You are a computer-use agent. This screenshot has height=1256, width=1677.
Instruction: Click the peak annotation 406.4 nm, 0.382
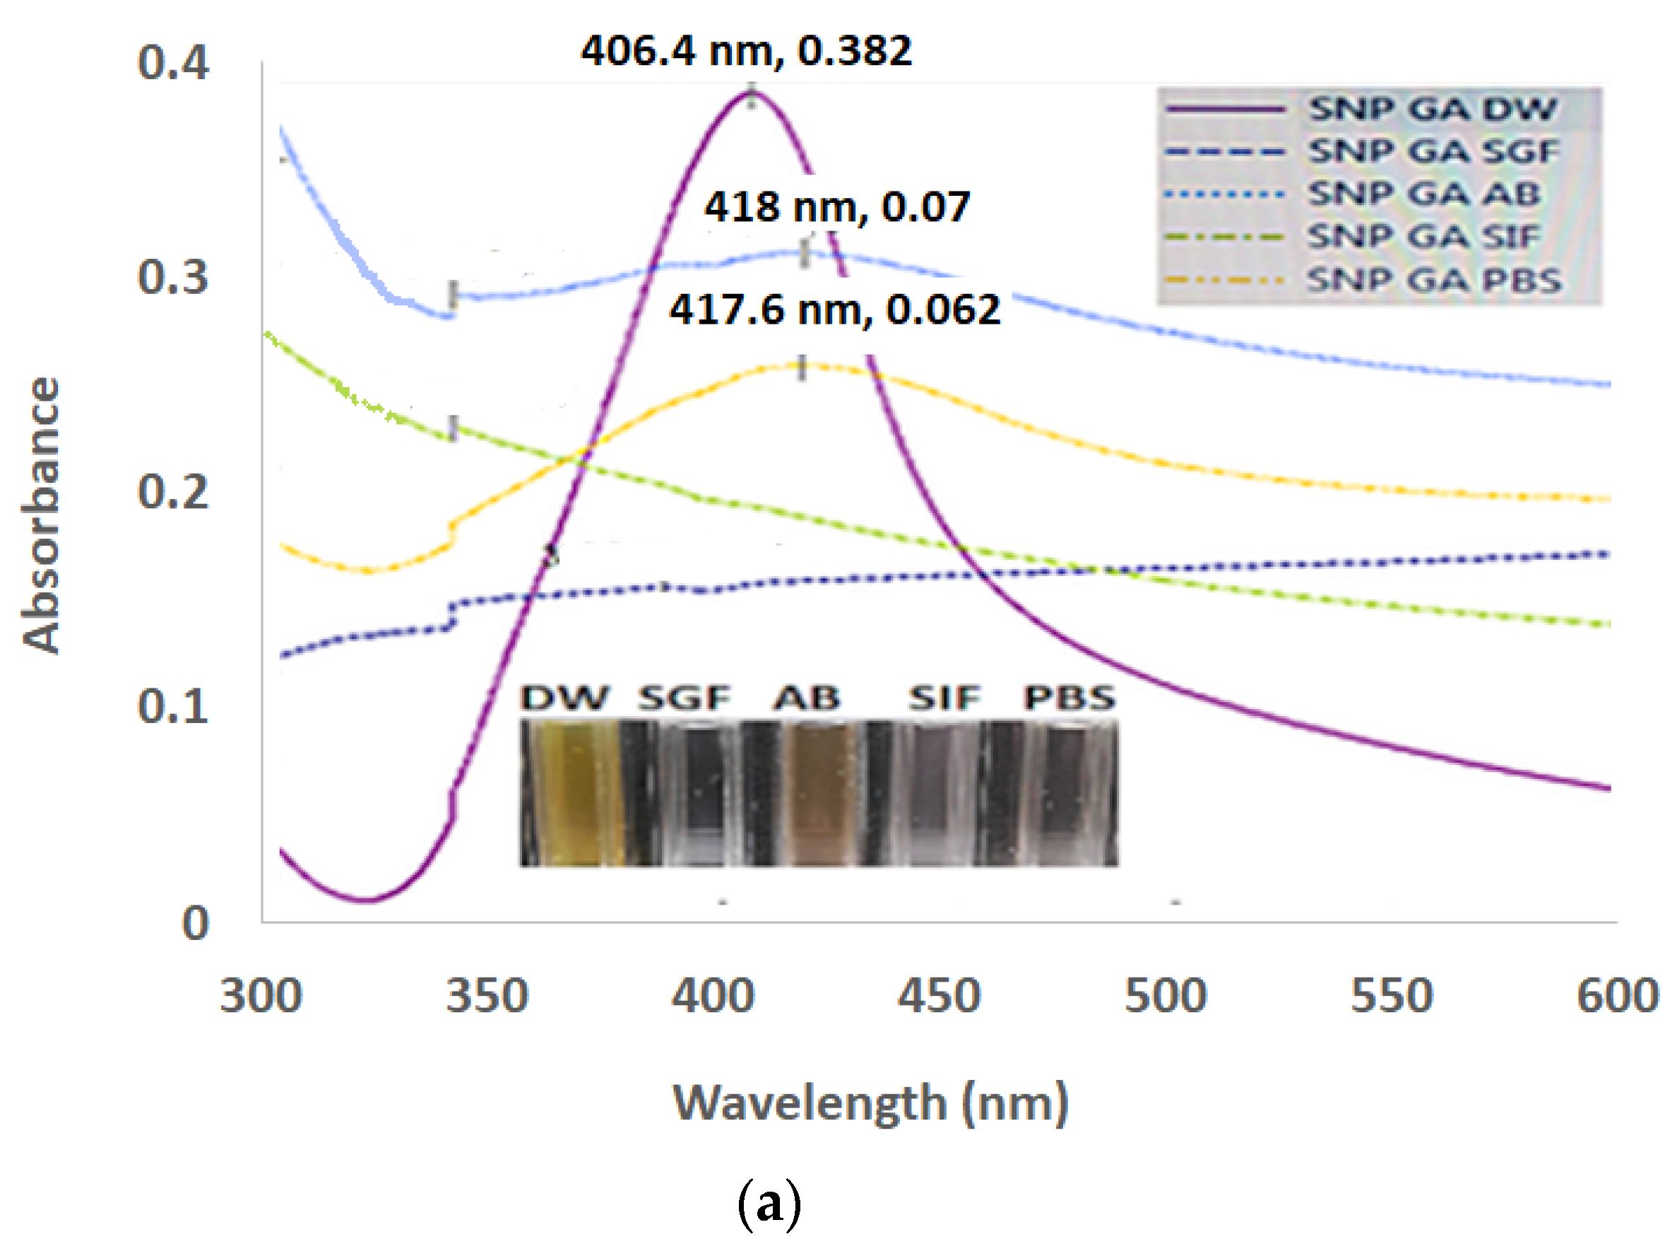(746, 52)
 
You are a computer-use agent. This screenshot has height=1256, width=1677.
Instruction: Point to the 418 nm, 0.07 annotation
(837, 207)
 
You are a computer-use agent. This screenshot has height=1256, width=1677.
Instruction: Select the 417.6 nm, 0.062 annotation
(835, 310)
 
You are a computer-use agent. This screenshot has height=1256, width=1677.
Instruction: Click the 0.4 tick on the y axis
(173, 63)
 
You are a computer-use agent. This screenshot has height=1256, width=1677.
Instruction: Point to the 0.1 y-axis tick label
(173, 707)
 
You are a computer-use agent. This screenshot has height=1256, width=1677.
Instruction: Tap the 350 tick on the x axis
(487, 996)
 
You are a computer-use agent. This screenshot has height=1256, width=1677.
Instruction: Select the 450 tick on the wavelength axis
(939, 996)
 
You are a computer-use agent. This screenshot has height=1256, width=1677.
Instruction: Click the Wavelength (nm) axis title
(870, 1104)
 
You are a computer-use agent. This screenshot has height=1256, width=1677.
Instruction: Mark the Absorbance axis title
(41, 516)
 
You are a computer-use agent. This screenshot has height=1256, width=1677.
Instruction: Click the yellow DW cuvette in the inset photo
(572, 792)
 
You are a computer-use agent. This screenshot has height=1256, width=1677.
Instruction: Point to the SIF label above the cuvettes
(944, 698)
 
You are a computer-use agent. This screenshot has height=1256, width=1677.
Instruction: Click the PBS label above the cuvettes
(1069, 698)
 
